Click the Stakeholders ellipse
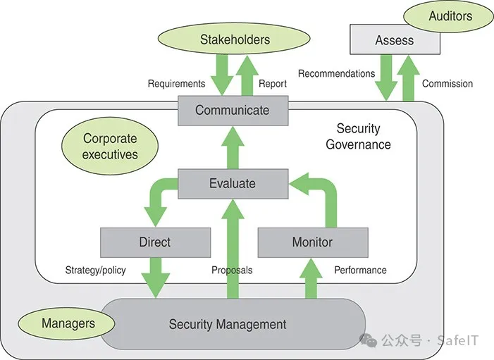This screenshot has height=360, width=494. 235,39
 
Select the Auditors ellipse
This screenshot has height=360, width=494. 450,15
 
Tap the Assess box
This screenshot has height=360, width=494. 395,40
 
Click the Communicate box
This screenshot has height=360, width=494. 233,110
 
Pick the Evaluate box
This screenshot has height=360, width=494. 233,183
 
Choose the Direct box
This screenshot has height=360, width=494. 155,242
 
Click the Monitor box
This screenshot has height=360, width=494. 312,242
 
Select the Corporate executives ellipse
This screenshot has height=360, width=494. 110,146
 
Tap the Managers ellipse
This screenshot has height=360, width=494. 68,323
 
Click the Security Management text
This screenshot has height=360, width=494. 228,325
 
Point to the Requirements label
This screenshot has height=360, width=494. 176,83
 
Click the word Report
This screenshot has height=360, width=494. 273,83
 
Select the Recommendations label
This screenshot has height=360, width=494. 336,73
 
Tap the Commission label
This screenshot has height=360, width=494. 447,83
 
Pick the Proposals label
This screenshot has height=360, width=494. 232,270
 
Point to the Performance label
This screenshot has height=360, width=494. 360,270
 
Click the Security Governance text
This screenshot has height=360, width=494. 358,137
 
